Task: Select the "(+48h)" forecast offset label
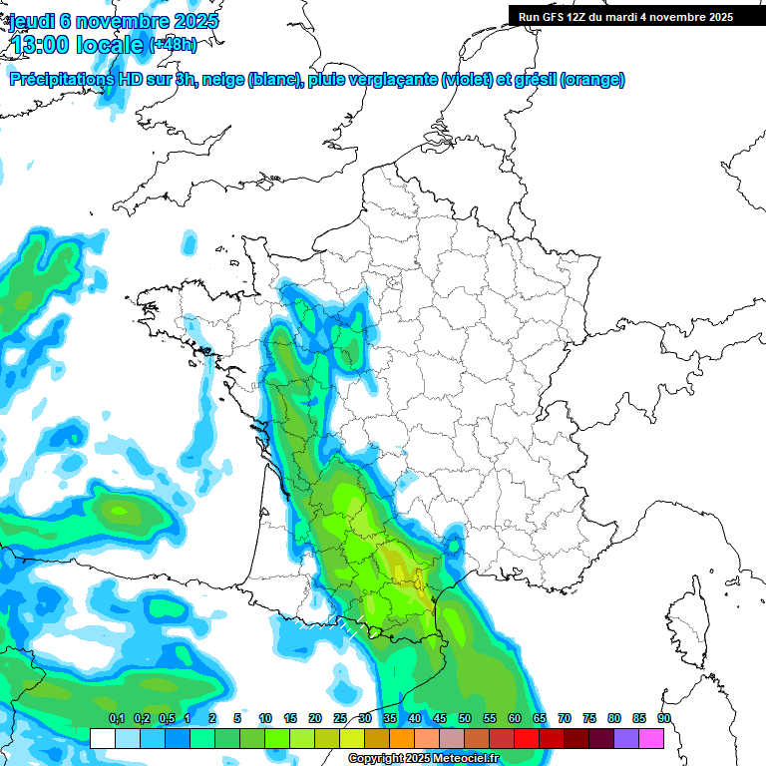click(173, 44)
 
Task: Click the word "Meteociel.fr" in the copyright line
click(465, 759)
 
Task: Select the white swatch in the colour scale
click(102, 738)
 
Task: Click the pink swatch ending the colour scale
click(651, 738)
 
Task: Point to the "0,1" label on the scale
click(116, 719)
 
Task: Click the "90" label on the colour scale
click(664, 719)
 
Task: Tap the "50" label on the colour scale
click(465, 719)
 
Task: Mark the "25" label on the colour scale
click(340, 719)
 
